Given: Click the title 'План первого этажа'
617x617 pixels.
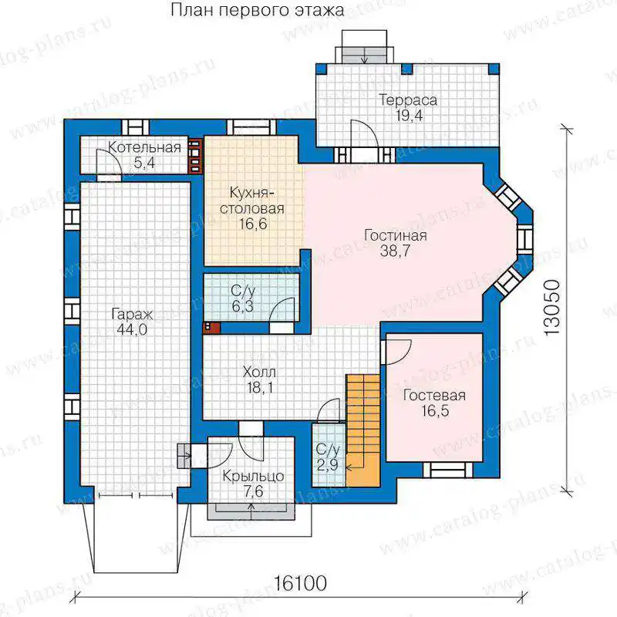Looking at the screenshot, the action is (258, 10).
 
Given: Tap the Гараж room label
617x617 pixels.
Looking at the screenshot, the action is (132, 315).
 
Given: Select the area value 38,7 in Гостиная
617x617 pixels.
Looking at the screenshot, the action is (395, 251).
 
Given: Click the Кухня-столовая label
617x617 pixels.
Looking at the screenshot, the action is (252, 201).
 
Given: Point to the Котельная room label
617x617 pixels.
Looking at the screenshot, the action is (144, 147).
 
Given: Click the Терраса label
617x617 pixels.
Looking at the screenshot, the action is (408, 100).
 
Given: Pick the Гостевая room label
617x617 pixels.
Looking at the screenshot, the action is (434, 395).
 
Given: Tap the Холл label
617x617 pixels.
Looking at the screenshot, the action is (259, 372).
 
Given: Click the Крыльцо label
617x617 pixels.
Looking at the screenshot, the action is (253, 476).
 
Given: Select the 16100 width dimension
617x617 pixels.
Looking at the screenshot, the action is (300, 583).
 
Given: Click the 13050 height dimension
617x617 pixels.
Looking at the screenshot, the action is (552, 307).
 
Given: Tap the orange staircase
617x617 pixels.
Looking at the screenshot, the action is (362, 430).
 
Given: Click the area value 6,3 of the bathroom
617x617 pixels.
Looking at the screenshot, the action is (242, 305).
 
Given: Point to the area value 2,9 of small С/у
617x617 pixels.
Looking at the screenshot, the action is (327, 465).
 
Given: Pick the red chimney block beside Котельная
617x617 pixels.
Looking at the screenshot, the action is (196, 156).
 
